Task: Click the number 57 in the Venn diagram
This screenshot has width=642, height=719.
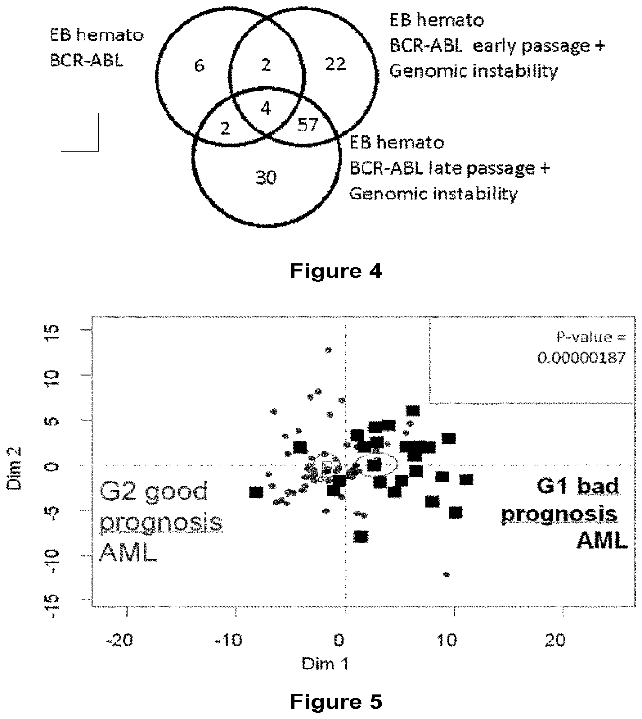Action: [308, 125]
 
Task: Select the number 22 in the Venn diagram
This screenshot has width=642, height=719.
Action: [335, 64]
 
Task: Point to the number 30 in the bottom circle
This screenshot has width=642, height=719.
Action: [266, 178]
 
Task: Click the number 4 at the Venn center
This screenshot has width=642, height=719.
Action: [266, 108]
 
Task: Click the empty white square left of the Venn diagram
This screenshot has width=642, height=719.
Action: [80, 132]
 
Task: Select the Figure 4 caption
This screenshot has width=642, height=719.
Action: [336, 271]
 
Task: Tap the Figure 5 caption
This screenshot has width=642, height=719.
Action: [336, 701]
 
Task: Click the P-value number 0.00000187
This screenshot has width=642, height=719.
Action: [581, 358]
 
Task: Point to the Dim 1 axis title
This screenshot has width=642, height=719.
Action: [325, 664]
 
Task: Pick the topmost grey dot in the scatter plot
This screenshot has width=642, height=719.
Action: [328, 350]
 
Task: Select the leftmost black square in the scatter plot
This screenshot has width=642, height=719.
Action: [256, 492]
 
